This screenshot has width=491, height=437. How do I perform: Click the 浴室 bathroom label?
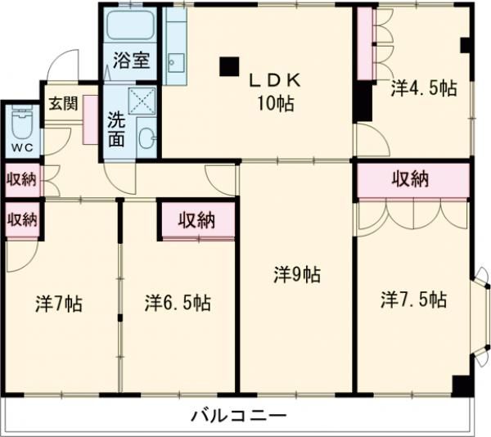point(131,60)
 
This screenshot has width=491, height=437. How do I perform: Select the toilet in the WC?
point(20,126)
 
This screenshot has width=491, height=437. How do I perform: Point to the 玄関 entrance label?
point(61,104)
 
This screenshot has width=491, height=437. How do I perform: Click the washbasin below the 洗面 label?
point(146,137)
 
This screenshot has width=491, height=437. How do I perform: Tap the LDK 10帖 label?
point(277,91)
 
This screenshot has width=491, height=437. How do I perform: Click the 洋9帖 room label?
point(296,276)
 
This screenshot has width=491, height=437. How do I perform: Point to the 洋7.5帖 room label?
point(412,300)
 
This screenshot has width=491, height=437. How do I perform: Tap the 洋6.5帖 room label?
point(178,303)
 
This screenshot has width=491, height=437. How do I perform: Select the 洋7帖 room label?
point(58,303)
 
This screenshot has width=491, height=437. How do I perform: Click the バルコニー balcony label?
point(239,417)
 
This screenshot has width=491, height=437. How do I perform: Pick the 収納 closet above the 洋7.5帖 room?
point(412,180)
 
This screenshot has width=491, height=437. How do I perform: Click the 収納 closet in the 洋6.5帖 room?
point(197,219)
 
